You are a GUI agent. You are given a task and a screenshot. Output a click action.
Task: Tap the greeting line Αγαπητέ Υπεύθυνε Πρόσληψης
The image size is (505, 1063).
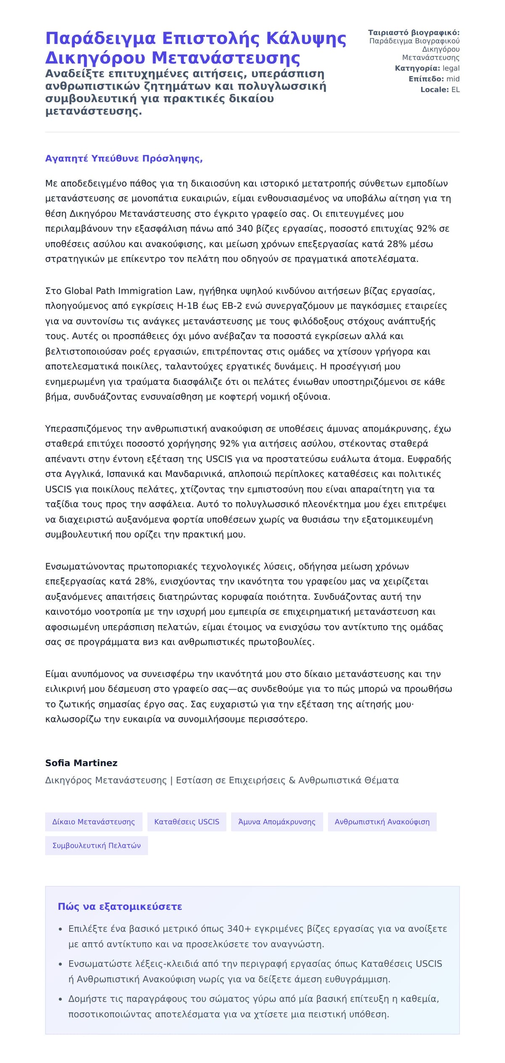point(124,159)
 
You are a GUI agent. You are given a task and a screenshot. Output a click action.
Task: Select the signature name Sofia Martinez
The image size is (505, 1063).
point(81,763)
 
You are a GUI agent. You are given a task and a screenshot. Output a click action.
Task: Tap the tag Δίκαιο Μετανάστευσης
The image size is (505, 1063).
point(93,822)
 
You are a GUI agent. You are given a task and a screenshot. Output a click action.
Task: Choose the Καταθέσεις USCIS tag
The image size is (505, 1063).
point(186,822)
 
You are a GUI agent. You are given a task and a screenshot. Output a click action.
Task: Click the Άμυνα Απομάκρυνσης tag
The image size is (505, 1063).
point(276,822)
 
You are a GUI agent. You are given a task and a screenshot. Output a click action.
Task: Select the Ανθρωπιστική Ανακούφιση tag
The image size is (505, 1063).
point(382,822)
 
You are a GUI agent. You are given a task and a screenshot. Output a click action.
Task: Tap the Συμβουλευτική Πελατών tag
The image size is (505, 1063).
point(96,846)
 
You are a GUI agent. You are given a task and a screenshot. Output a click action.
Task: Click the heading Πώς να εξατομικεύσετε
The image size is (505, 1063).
point(120,907)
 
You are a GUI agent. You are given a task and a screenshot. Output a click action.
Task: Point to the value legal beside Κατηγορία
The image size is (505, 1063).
point(451,68)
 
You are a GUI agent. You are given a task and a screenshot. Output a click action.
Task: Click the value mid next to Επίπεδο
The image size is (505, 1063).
point(453,79)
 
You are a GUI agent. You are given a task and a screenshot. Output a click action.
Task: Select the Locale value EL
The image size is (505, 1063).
point(455,90)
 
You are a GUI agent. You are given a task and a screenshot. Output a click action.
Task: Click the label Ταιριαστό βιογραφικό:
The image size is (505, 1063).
point(414,33)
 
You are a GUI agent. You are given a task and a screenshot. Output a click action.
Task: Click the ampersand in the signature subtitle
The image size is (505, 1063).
point(293,780)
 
